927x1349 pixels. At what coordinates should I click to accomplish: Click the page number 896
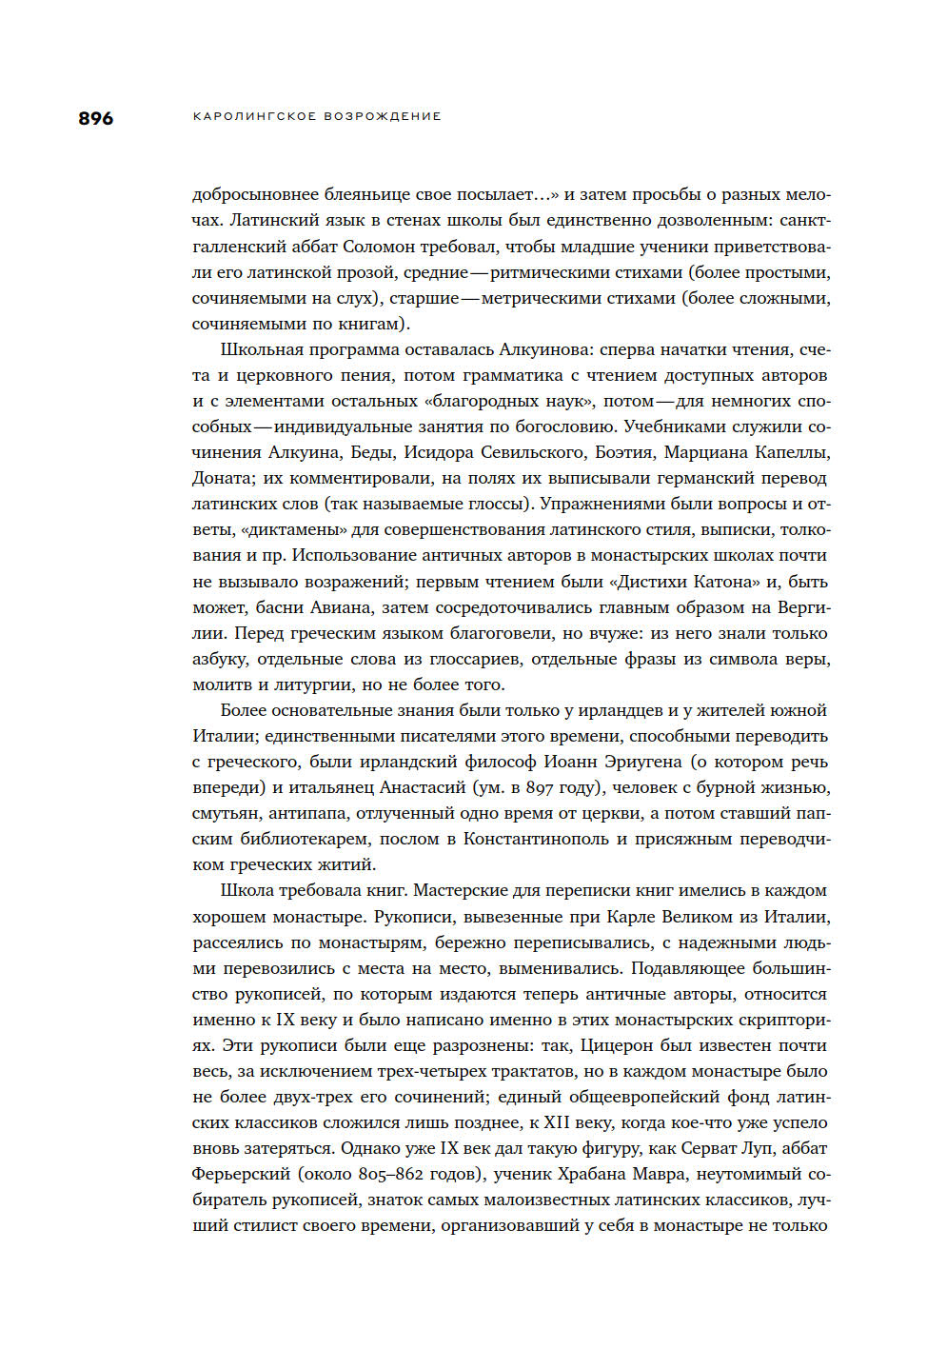click(95, 118)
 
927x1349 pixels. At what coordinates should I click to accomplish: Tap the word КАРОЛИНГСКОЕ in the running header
click(254, 116)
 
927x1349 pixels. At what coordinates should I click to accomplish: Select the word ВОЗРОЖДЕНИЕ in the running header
click(383, 116)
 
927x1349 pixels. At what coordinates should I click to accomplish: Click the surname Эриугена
click(639, 762)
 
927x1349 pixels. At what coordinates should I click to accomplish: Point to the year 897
click(540, 787)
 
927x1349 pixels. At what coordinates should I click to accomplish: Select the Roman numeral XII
click(557, 1122)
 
